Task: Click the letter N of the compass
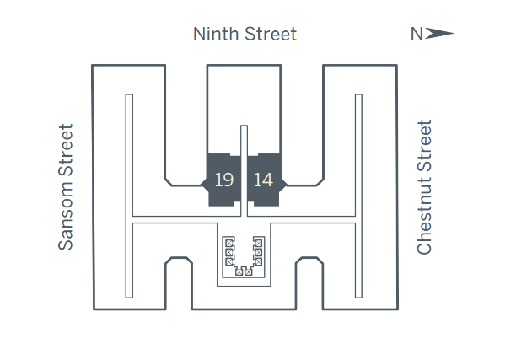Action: pyautogui.click(x=417, y=35)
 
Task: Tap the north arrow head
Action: pyautogui.click(x=441, y=35)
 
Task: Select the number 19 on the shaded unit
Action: pyautogui.click(x=224, y=180)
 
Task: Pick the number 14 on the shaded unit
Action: pyautogui.click(x=263, y=180)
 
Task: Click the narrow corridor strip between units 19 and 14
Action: pyautogui.click(x=244, y=169)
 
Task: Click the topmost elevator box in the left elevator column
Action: pyautogui.click(x=228, y=243)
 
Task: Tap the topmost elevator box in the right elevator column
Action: pyautogui.click(x=260, y=243)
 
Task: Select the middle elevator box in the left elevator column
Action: pyautogui.click(x=228, y=252)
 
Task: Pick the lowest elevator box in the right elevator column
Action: pyautogui.click(x=260, y=261)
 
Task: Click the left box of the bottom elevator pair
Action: pyautogui.click(x=239, y=271)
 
